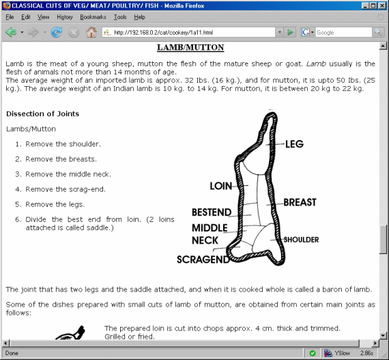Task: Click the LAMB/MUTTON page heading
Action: pyautogui.click(x=190, y=48)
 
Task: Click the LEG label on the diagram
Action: pyautogui.click(x=294, y=144)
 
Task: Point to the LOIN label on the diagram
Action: pyautogui.click(x=220, y=186)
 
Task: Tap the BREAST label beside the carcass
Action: pyautogui.click(x=300, y=202)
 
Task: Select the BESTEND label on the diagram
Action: pyautogui.click(x=212, y=212)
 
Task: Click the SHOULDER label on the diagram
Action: pyautogui.click(x=301, y=240)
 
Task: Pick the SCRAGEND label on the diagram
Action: pyautogui.click(x=203, y=260)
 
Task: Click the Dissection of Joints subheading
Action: pyautogui.click(x=42, y=113)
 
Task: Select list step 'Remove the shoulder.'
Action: pyautogui.click(x=63, y=144)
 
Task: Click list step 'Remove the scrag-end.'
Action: pyautogui.click(x=66, y=189)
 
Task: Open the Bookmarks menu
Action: pyautogui.click(x=92, y=16)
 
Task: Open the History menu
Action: pyautogui.click(x=65, y=16)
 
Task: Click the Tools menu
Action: pyautogui.click(x=120, y=16)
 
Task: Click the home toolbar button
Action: pyautogui.click(x=91, y=32)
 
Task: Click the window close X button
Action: pyautogui.click(x=381, y=5)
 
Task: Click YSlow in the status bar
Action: pyautogui.click(x=342, y=353)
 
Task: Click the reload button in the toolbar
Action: pyautogui.click(x=57, y=32)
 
